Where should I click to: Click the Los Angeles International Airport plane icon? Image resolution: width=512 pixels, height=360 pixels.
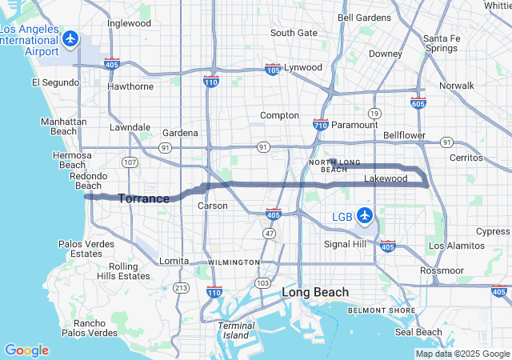click(71, 38)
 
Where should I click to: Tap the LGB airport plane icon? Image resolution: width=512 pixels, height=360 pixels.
click(365, 214)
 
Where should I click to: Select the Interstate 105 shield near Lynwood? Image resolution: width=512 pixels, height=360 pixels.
click(273, 70)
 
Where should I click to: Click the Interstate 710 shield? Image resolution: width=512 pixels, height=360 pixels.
click(320, 125)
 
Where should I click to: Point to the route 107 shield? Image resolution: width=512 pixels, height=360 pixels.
click(130, 162)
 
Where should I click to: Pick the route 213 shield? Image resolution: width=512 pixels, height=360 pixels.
click(182, 287)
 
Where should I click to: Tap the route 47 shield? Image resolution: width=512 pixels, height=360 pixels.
click(270, 233)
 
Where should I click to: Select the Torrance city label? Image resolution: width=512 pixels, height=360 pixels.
click(144, 198)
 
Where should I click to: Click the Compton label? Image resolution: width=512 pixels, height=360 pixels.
click(279, 115)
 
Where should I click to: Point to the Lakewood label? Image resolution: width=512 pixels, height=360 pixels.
click(386, 178)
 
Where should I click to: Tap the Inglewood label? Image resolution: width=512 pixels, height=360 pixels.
click(129, 23)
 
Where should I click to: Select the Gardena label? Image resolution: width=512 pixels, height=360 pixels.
click(179, 133)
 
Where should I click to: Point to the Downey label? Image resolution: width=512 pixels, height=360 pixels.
click(386, 54)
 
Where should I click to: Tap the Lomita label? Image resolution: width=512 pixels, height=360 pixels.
click(174, 261)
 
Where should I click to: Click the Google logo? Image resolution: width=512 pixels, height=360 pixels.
click(26, 350)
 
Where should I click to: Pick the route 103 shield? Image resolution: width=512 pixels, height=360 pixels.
click(262, 283)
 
